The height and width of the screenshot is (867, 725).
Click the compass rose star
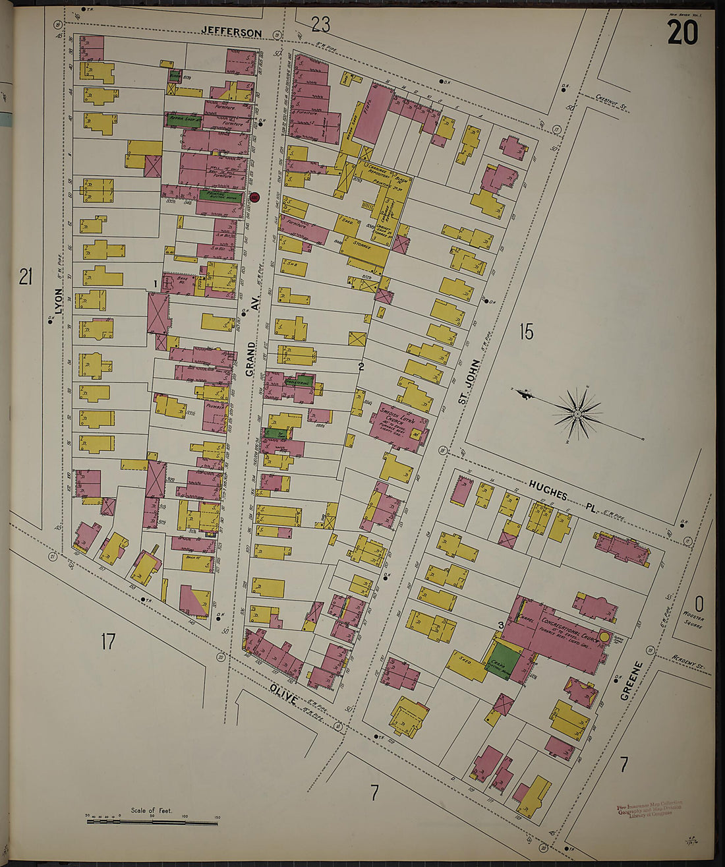577,413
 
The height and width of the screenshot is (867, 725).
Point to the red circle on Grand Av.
255,196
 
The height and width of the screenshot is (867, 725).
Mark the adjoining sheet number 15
525,332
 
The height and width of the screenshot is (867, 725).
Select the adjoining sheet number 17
107,640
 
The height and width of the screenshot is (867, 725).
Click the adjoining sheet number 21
25,277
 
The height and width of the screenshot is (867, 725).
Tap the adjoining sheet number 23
320,25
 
